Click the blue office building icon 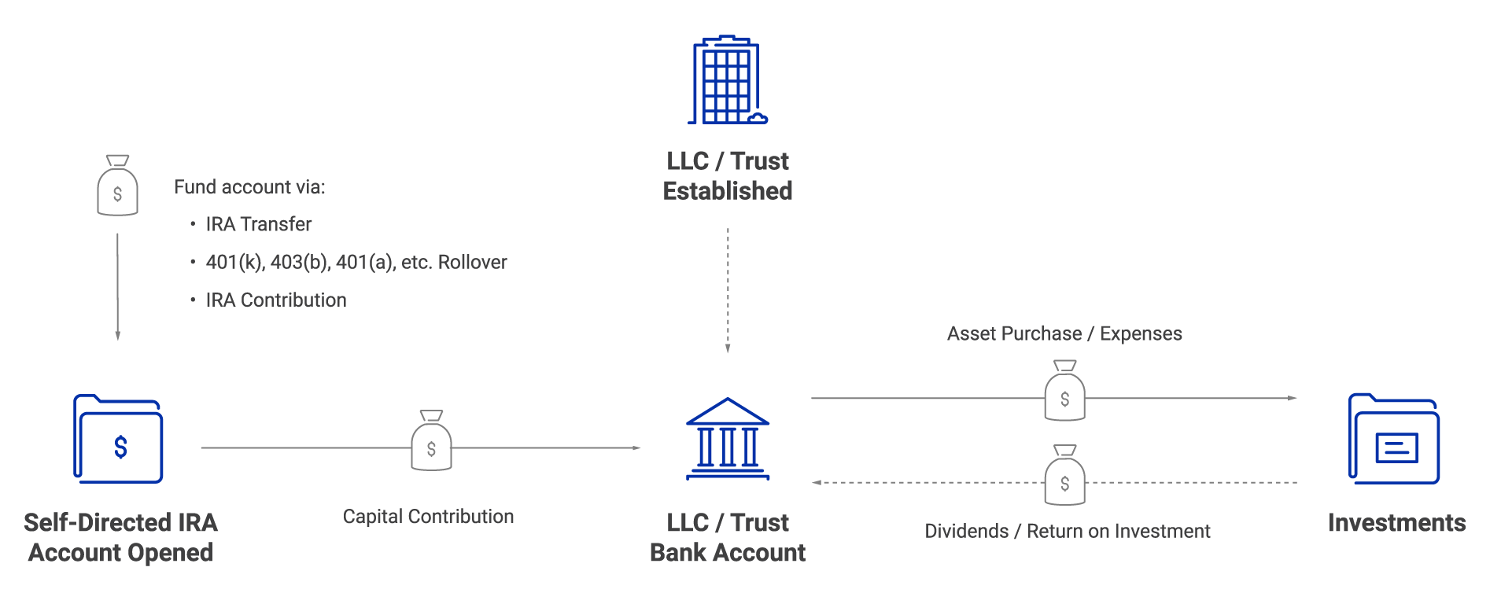point(726,80)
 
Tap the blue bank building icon point(728,439)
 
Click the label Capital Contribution point(428,517)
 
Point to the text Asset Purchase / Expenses point(1064,333)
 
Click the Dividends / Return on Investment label point(1067,531)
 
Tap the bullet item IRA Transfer point(258,224)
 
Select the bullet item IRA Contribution point(275,300)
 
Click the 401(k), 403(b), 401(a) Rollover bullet point(356,262)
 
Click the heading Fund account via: point(249,187)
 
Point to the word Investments point(1396,523)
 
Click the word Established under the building point(728,191)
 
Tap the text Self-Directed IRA point(120,523)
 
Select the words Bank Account point(728,553)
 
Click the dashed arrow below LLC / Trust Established point(728,291)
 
